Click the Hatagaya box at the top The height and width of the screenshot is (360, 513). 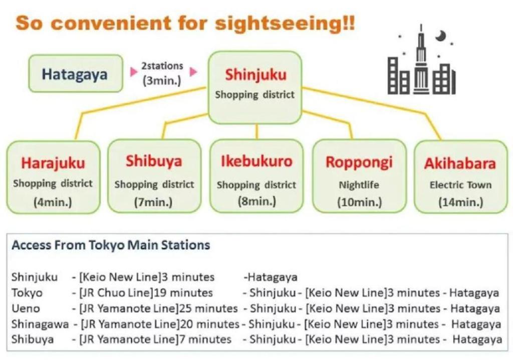click(x=75, y=74)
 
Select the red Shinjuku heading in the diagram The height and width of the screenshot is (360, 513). click(x=255, y=75)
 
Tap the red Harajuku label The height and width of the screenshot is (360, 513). click(x=53, y=163)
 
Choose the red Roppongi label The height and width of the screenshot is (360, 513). click(x=359, y=162)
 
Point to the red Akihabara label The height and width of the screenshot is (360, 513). click(x=460, y=163)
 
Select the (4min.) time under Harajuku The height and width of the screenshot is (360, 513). click(x=53, y=203)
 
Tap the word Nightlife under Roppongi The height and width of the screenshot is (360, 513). click(x=359, y=185)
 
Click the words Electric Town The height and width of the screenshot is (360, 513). click(x=460, y=185)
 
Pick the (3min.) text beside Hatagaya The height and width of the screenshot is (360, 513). click(x=162, y=81)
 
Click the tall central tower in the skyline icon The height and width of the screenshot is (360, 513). click(x=421, y=65)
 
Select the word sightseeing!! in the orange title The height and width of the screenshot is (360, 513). click(x=280, y=23)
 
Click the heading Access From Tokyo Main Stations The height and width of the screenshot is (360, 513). click(x=111, y=245)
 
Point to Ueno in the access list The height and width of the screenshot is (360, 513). click(x=26, y=308)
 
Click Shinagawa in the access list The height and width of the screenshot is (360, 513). click(x=40, y=324)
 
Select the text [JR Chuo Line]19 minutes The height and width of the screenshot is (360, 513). click(x=143, y=292)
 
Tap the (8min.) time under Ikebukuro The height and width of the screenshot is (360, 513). click(x=256, y=202)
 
